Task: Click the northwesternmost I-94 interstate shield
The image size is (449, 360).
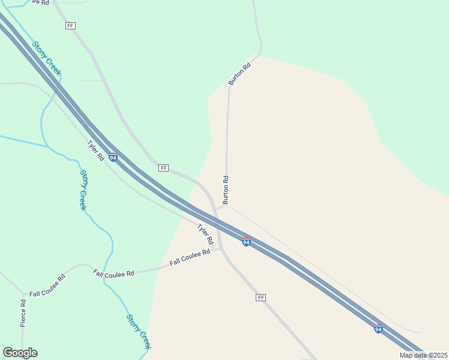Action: tap(113, 157)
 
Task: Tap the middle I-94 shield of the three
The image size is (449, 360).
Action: tap(246, 242)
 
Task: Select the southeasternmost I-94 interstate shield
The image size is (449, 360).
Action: tap(378, 329)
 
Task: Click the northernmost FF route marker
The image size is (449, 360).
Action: tap(71, 26)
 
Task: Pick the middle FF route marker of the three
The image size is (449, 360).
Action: tap(163, 168)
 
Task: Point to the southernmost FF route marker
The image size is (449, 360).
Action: tap(261, 298)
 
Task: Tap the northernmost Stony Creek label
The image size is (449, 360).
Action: tap(47, 58)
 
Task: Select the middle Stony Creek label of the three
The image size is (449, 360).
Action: tap(83, 190)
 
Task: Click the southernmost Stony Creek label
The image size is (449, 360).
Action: tap(139, 331)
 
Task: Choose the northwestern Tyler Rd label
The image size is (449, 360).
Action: tap(96, 151)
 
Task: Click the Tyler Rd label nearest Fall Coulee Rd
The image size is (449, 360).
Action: tap(206, 233)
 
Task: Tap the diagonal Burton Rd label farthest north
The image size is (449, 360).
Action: tap(239, 73)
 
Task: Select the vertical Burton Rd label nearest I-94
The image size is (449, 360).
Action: tap(226, 190)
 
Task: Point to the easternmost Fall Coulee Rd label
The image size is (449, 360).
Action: tap(190, 257)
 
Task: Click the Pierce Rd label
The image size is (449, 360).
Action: tap(23, 313)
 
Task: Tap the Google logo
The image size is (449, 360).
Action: tap(20, 353)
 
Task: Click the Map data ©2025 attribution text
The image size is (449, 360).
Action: tap(423, 355)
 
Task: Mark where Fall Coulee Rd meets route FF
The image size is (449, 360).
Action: tap(220, 248)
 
